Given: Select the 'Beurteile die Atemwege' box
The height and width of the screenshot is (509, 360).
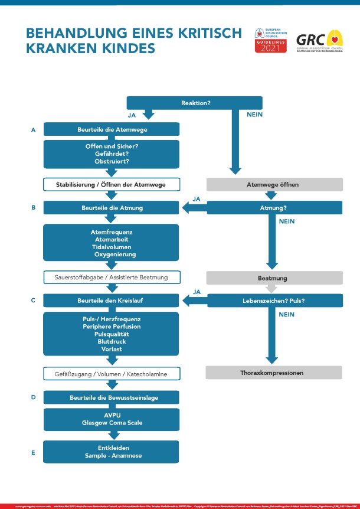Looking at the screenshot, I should point(112,129).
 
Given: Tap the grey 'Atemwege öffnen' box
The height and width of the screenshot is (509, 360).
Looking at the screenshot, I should point(274,185).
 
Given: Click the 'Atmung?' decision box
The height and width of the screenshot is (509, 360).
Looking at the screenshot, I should point(274,208).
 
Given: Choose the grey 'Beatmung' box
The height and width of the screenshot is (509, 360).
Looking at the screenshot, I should point(274,277).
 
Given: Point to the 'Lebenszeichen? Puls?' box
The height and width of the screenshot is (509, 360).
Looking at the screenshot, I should point(274,301).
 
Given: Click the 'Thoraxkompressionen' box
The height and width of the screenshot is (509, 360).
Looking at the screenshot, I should point(274,373).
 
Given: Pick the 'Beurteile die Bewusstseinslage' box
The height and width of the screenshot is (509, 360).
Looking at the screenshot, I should point(112,397).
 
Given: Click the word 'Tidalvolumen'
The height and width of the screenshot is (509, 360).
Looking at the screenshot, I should point(112,247).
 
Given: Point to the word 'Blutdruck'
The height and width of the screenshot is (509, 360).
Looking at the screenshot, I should point(112,341).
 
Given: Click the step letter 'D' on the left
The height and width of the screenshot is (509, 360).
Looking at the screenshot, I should point(34,397).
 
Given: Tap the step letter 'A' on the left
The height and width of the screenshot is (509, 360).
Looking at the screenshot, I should point(34,130).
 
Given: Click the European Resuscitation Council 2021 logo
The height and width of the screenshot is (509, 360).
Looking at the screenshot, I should point(271,40).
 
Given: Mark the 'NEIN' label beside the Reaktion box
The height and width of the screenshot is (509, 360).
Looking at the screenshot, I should point(254,115).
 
